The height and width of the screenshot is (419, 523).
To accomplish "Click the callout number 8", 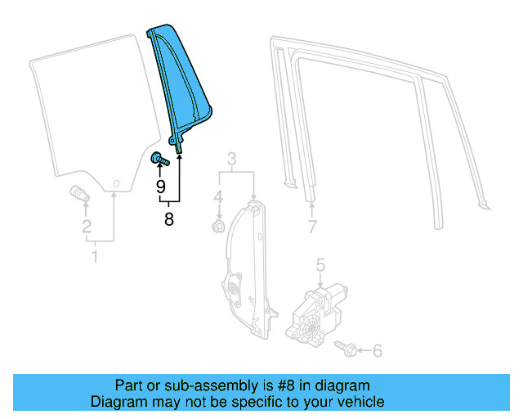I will coord(169,219).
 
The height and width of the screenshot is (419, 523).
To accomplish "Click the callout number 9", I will coord(161,187).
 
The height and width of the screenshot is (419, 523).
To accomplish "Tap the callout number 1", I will coord(94,258).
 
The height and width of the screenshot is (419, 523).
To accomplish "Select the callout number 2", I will coord(87,227).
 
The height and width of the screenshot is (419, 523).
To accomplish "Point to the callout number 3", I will coord(231,159).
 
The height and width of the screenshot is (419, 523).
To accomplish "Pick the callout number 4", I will coord(218,197).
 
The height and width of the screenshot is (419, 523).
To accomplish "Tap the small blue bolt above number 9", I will coord(159,160).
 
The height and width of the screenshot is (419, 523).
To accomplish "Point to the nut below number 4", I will coord(218,223).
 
